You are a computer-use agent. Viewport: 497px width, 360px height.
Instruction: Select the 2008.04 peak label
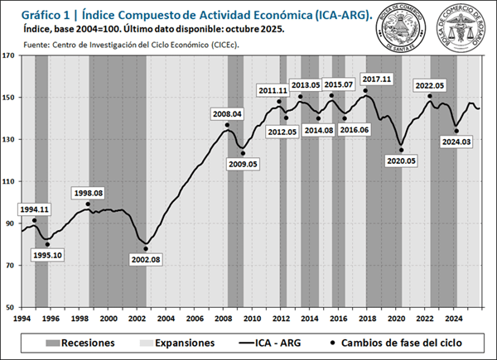pyautogui.click(x=228, y=114)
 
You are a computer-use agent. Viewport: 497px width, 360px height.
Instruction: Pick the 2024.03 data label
pyautogui.click(x=457, y=142)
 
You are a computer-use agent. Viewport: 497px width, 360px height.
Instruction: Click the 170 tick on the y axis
pyautogui.click(x=10, y=55)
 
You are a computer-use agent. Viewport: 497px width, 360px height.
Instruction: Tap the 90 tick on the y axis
pyautogui.click(x=10, y=223)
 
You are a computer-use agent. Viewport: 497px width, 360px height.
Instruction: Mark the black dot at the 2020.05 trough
pyautogui.click(x=402, y=150)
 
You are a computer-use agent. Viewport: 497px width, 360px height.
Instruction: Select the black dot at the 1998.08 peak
pyautogui.click(x=88, y=203)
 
